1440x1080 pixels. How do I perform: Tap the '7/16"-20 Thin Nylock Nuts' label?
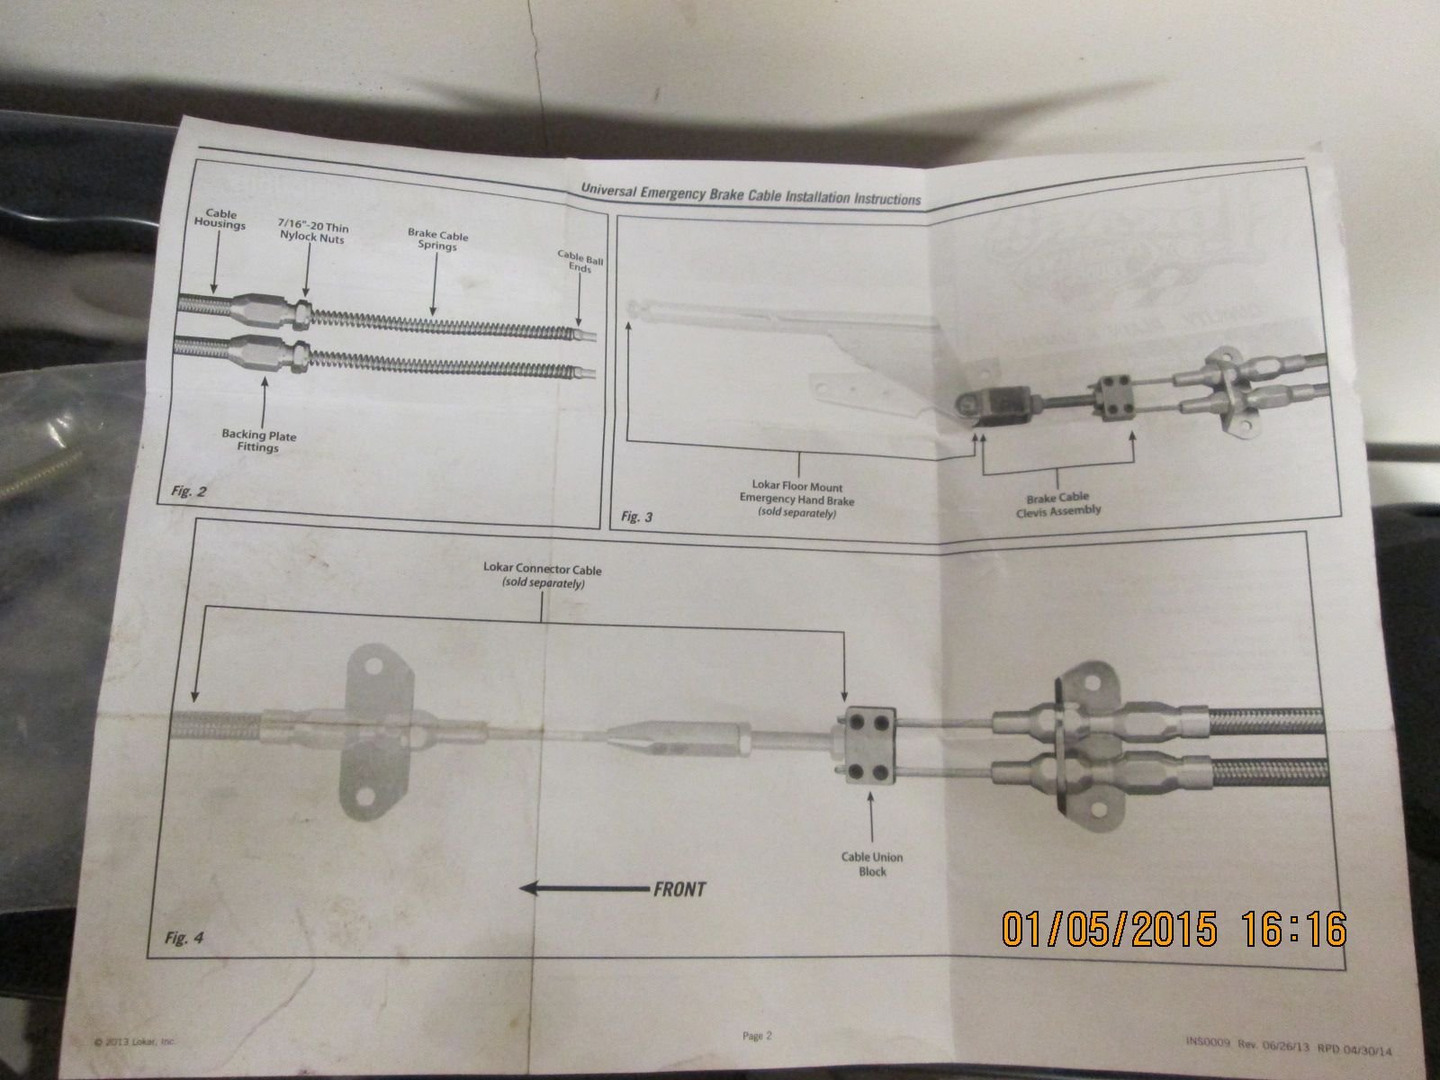coord(313,235)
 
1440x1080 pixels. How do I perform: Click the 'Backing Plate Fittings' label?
coord(259,441)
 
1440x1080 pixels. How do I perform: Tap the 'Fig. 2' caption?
coord(189,491)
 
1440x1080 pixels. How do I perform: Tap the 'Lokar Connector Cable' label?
coord(543,575)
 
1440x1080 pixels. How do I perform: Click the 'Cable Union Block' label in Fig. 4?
coord(872,864)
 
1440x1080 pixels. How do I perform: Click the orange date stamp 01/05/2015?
coord(1109,927)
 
